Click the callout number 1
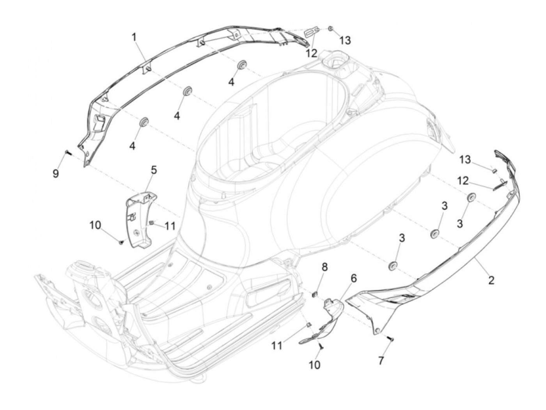point(134,37)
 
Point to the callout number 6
point(353,278)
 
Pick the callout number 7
point(381,361)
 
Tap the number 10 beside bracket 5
point(95,225)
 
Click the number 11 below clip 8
point(277,345)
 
